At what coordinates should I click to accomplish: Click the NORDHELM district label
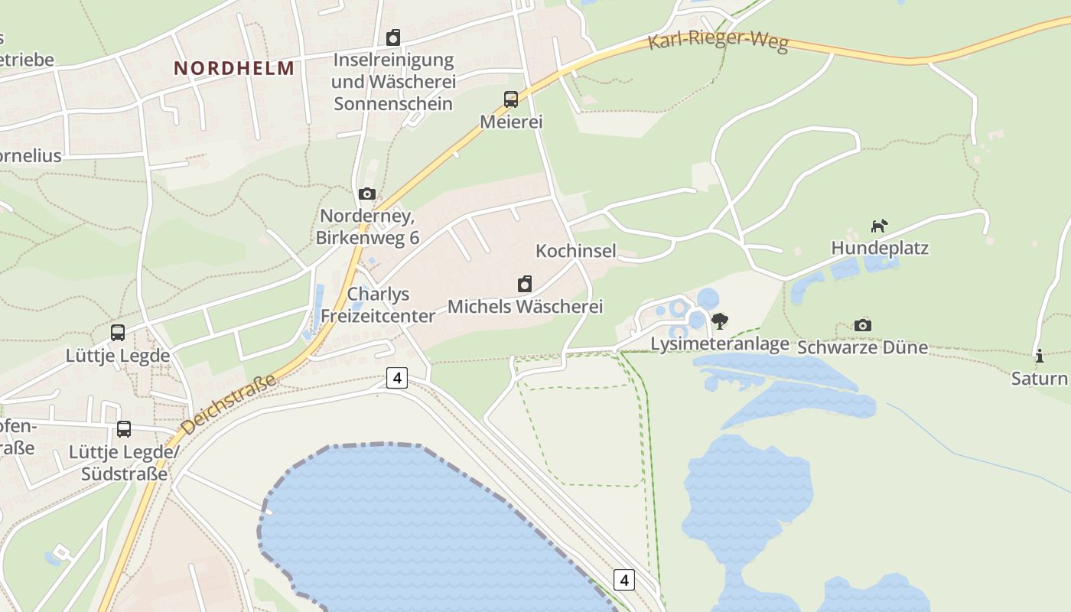tap(233, 68)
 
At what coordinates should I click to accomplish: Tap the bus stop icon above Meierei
tap(511, 99)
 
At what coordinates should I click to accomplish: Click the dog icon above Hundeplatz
tap(880, 226)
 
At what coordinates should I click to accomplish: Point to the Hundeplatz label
tap(880, 248)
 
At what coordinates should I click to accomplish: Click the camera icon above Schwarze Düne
tap(863, 325)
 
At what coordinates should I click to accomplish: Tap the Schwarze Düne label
tap(863, 347)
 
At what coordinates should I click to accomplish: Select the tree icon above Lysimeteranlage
tap(719, 321)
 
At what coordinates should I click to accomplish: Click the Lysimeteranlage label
tap(719, 344)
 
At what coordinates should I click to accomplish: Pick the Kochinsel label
tap(576, 251)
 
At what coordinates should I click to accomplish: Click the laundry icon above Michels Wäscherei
tap(525, 285)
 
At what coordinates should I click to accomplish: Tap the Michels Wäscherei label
tap(525, 307)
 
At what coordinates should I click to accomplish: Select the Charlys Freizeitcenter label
tap(378, 304)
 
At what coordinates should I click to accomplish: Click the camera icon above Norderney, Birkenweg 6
tap(367, 194)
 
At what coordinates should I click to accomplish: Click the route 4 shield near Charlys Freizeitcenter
tap(396, 378)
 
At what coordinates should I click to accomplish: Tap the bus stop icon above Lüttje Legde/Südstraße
tap(124, 429)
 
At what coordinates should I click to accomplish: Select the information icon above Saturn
tap(1039, 356)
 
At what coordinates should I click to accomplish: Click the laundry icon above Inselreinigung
tap(393, 37)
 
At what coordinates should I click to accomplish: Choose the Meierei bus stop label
tap(511, 122)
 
